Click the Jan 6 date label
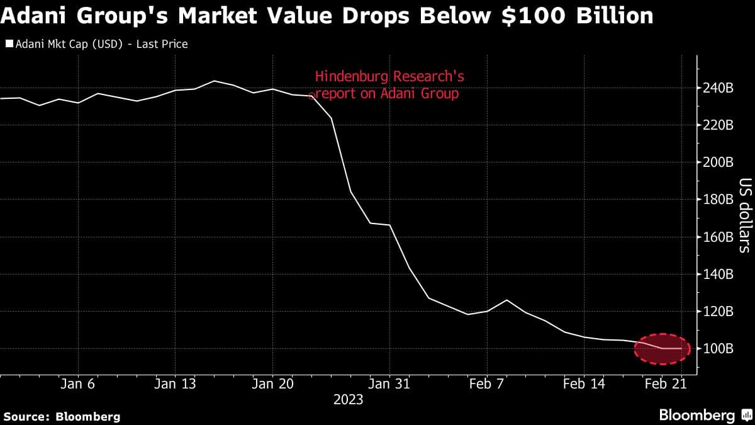coord(79,383)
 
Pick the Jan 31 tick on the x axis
coord(389,383)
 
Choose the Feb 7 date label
coord(488,383)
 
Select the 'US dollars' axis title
coord(745,215)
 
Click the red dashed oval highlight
coord(663,349)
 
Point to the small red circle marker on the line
coord(311,96)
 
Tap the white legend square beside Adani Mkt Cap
coord(9,44)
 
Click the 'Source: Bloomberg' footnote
coord(62,416)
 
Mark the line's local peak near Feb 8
coord(506,300)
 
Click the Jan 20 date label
coord(272,383)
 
